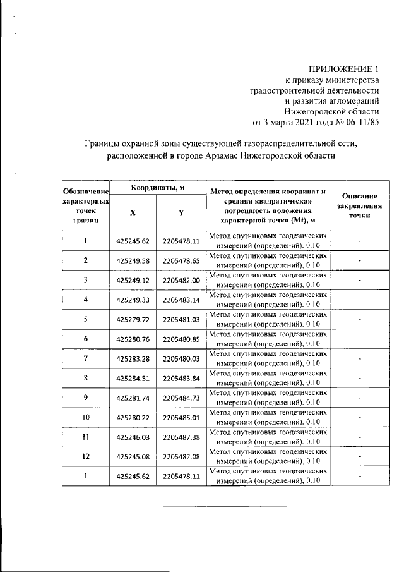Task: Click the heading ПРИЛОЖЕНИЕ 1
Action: (x=343, y=69)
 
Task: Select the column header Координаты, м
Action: (x=158, y=188)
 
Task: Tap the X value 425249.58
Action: (x=132, y=260)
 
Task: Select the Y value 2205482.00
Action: (x=181, y=280)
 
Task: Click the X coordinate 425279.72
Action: (x=132, y=319)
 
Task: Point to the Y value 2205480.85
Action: (x=181, y=339)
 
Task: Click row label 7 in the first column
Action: (x=85, y=358)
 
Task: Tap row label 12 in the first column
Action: (x=85, y=456)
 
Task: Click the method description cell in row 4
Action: (x=268, y=300)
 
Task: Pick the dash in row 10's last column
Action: (x=359, y=417)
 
